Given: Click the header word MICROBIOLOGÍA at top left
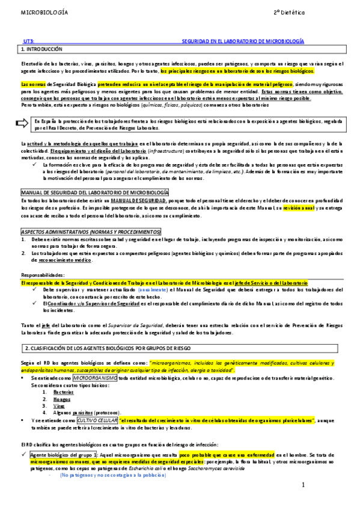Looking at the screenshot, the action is pyautogui.click(x=44, y=12).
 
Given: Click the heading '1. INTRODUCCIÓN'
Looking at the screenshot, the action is pyautogui.click(x=41, y=48).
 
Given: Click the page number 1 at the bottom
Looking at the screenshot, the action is pyautogui.click(x=304, y=485).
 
